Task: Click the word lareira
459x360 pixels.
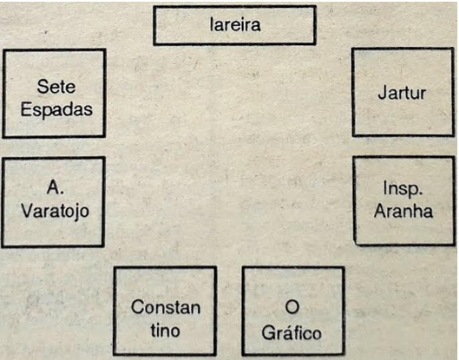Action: point(235,24)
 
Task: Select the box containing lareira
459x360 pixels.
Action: point(234,25)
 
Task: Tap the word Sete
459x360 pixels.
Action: point(56,87)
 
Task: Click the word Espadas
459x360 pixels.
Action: point(56,110)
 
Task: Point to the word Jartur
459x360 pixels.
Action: point(402,94)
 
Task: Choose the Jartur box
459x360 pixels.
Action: point(403,92)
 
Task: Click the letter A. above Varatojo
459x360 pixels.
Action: point(55,187)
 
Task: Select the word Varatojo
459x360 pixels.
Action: point(55,212)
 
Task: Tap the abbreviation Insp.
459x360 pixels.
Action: point(403,189)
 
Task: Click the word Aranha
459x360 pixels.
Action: point(403,211)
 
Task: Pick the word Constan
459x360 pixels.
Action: point(166,307)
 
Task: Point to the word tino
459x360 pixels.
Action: point(165,331)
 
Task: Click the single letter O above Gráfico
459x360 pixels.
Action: point(292,307)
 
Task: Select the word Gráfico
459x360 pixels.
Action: point(292,333)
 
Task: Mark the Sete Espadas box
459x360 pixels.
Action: point(54,93)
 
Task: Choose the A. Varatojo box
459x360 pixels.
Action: point(53,202)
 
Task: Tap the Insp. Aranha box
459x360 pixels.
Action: point(404,200)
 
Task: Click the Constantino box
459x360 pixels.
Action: point(165,311)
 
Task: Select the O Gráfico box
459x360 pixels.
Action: point(293,311)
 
